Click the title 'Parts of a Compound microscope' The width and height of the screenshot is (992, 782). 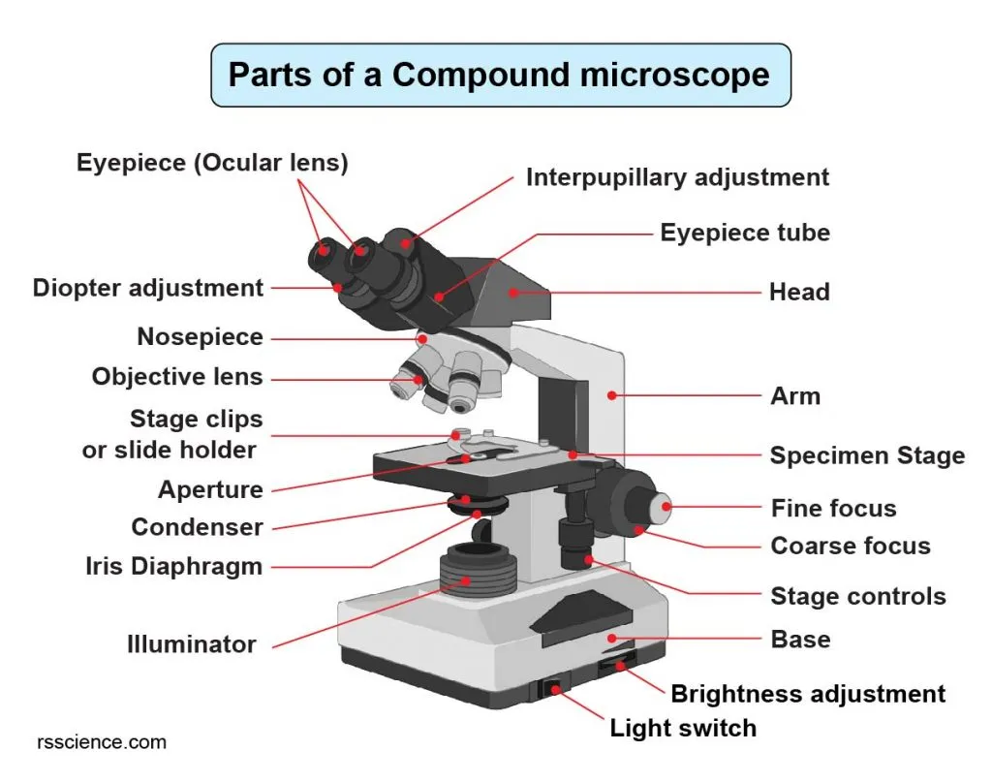pyautogui.click(x=499, y=75)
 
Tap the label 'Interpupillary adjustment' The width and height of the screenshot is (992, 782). pyautogui.click(x=677, y=177)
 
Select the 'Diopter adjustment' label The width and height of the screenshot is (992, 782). pyautogui.click(x=148, y=288)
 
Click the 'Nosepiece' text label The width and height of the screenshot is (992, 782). pyautogui.click(x=200, y=337)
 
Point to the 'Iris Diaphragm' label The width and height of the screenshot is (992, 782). pyautogui.click(x=173, y=567)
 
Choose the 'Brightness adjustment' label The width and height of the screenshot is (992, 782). pyautogui.click(x=808, y=694)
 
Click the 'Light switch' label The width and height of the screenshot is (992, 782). pyautogui.click(x=683, y=727)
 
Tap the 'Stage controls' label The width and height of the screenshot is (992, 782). pyautogui.click(x=858, y=596)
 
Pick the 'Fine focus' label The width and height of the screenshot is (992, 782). pyautogui.click(x=833, y=508)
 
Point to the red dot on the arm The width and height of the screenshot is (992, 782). pyautogui.click(x=612, y=394)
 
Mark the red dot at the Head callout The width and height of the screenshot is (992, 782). pyautogui.click(x=514, y=290)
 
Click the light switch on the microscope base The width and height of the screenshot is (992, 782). pyautogui.click(x=553, y=690)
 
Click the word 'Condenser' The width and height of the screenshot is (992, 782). pyautogui.click(x=197, y=528)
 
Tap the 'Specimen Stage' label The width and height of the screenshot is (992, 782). pyautogui.click(x=867, y=455)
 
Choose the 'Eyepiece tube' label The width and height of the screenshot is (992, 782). pyautogui.click(x=744, y=233)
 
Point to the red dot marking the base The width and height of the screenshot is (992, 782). pyautogui.click(x=610, y=638)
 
